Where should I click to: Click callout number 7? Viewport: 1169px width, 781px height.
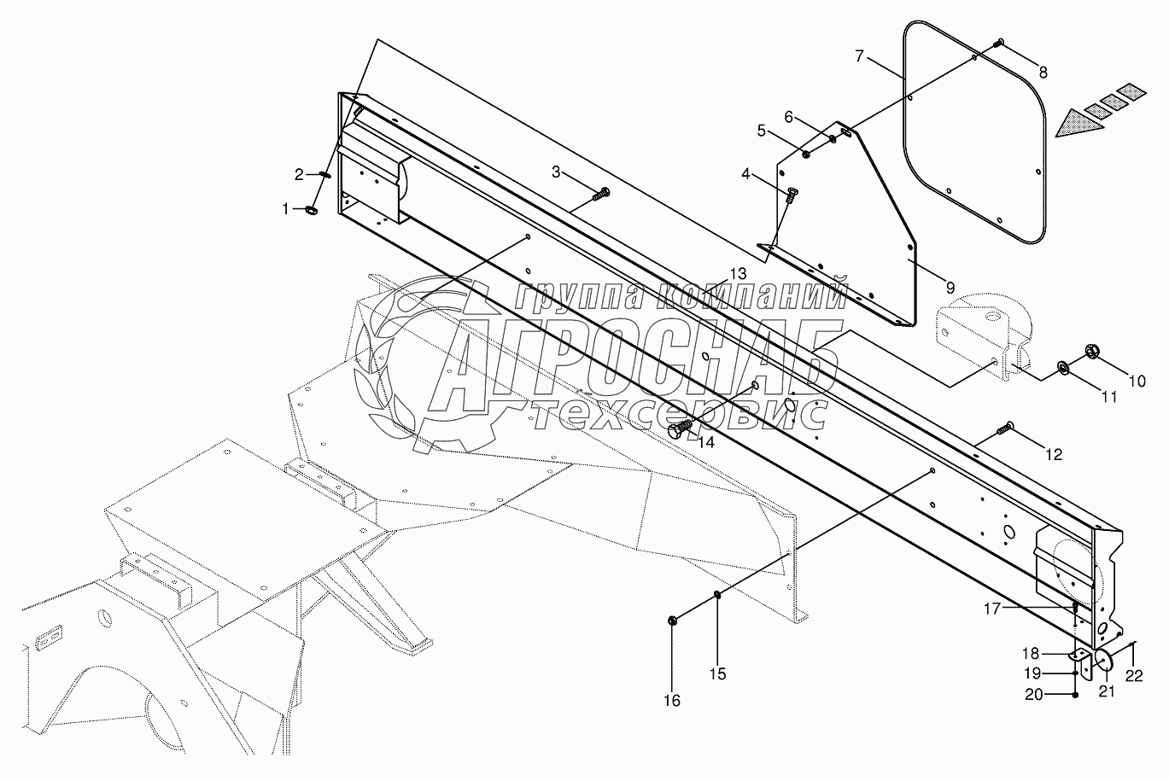point(860,56)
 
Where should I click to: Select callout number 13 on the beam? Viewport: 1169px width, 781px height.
point(737,273)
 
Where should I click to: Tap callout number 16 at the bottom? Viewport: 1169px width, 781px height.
point(672,701)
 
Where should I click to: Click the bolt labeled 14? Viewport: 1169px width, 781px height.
point(681,429)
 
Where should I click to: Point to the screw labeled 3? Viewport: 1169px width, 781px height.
point(602,194)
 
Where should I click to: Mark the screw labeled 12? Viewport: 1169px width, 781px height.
point(1006,426)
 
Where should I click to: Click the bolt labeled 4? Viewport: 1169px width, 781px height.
point(791,194)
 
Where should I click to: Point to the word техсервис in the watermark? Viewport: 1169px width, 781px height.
point(679,416)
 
